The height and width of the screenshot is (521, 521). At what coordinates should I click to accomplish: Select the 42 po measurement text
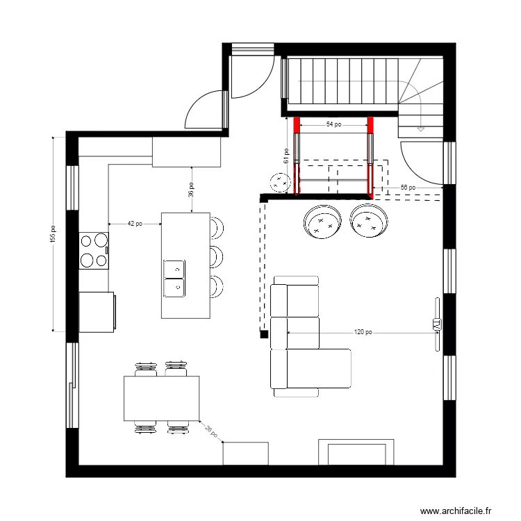click(135, 224)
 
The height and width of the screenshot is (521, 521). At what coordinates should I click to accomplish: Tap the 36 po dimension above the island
click(191, 190)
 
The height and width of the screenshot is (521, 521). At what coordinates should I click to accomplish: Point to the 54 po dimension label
click(333, 125)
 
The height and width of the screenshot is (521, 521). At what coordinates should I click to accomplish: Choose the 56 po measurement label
click(408, 188)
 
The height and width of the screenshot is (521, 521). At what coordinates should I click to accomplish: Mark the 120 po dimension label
click(363, 332)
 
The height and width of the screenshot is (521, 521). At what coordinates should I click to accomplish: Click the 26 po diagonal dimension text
click(211, 431)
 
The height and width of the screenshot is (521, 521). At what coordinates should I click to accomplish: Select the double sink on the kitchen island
click(174, 277)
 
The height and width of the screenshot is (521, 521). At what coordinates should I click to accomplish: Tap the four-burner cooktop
click(94, 251)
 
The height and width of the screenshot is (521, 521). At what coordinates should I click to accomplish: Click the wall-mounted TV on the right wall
click(437, 324)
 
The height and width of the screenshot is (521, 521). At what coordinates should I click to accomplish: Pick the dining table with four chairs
click(161, 398)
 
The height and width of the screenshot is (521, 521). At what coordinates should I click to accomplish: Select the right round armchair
click(368, 222)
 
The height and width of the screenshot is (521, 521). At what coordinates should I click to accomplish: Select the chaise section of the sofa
click(320, 369)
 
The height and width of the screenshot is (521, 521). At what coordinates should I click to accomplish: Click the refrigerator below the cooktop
click(96, 312)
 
